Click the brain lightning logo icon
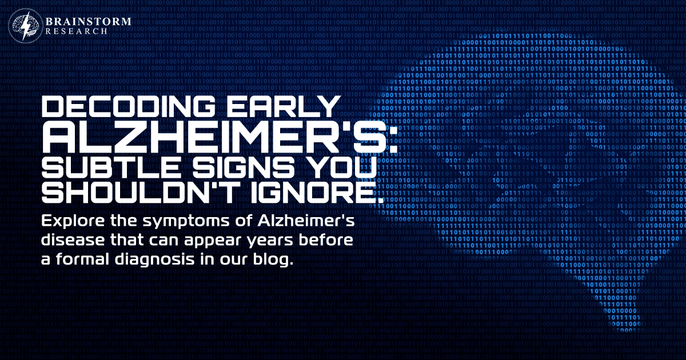pos(26,25)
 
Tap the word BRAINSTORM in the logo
pos(89,22)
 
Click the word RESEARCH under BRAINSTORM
pos(77,31)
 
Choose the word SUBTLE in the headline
pos(110,168)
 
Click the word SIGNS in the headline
pos(244,168)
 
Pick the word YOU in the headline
pos(341,168)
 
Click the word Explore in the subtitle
pos(73,221)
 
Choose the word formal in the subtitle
pos(82,259)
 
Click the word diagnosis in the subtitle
pos(155,260)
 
